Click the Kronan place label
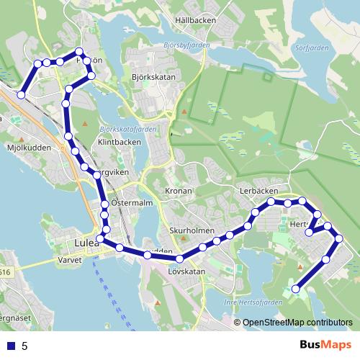click(179, 192)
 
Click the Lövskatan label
click(186, 271)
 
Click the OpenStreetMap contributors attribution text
click(297, 323)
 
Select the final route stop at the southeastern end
click(295, 289)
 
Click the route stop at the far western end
click(22, 95)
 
